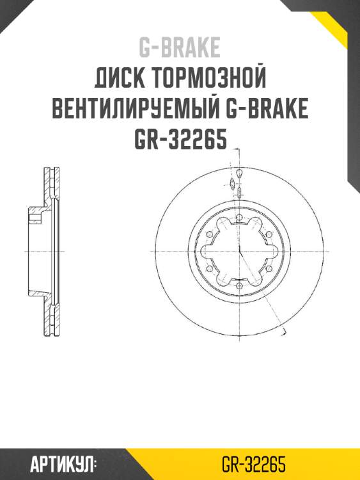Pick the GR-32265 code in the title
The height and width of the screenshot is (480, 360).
pyautogui.click(x=180, y=139)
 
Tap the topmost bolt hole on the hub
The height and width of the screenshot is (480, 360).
pyautogui.click(x=238, y=218)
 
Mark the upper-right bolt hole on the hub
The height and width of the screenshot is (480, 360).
pyautogui.click(x=269, y=235)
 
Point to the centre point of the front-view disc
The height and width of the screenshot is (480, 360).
pyautogui.click(x=238, y=252)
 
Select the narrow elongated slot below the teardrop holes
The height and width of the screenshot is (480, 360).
pyautogui.click(x=239, y=193)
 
